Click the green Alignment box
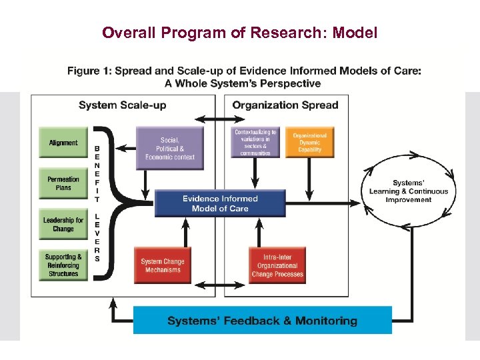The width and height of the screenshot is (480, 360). coord(63,143)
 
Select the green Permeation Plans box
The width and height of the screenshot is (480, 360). coord(63,183)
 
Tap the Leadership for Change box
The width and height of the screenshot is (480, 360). coord(63,225)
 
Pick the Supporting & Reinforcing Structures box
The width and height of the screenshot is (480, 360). coord(63,265)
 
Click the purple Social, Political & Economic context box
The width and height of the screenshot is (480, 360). coord(169,149)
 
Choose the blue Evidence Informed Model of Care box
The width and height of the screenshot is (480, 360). coord(220,203)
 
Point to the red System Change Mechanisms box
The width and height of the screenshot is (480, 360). coord(162,265)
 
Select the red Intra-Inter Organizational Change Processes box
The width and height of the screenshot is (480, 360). coord(277,265)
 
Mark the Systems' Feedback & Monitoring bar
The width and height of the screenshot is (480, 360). coord(262,321)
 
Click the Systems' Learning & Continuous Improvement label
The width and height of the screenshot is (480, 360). coord(409,191)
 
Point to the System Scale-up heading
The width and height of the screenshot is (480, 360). coord(123,105)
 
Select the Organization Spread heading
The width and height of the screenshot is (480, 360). coord(285,105)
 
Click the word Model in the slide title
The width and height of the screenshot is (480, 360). coord(355,32)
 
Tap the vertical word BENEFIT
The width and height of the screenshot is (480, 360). coord(97,173)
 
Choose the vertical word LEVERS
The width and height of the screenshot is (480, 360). coord(97,237)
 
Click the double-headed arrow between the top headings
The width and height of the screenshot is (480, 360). coord(215,120)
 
